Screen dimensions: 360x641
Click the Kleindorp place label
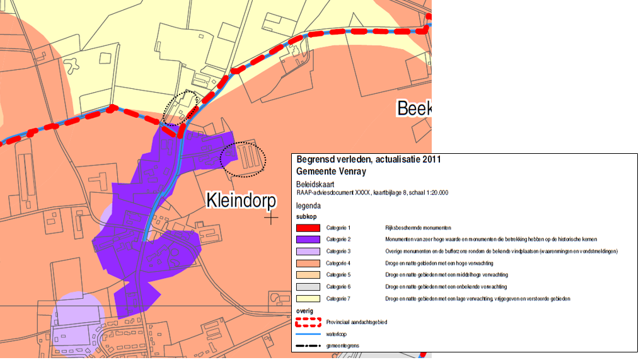(241, 201)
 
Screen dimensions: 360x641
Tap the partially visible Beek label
(414, 108)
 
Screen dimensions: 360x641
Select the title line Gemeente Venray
(331, 171)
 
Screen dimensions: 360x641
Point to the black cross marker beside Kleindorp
(272, 218)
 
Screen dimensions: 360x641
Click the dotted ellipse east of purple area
(243, 158)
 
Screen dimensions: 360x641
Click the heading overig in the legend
(304, 311)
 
